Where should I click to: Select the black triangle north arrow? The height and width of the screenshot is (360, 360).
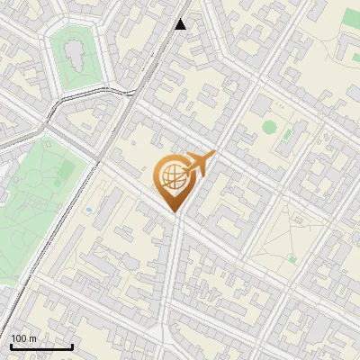point(181,24)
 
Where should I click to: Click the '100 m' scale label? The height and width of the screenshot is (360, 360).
point(24,338)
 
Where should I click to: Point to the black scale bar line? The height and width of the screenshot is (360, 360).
point(41,346)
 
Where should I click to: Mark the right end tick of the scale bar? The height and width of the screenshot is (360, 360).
point(72,345)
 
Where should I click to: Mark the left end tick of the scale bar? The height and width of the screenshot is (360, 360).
point(11,345)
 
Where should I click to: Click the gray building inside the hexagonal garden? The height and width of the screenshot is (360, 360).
point(75,56)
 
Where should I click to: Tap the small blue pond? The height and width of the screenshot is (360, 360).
point(89,211)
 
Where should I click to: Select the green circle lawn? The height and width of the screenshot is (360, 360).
point(269,126)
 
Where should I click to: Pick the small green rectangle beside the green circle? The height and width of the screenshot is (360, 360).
point(288,136)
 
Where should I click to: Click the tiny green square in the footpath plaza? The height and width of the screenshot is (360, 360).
point(292,259)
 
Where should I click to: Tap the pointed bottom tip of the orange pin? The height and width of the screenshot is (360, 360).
point(172,212)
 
